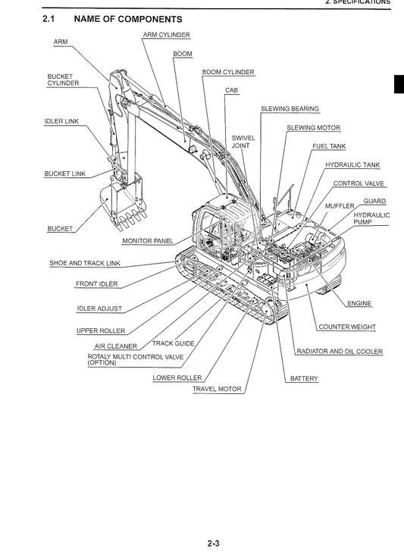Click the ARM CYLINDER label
click(166, 35)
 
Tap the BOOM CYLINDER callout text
click(228, 73)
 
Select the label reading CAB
click(231, 90)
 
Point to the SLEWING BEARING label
click(290, 109)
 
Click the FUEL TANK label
click(329, 146)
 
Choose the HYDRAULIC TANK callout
click(352, 165)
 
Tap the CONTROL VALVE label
click(359, 183)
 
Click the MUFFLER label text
click(340, 205)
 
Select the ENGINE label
click(359, 304)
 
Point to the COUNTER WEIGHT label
click(347, 327)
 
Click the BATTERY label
click(304, 378)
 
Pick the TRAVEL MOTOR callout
click(217, 390)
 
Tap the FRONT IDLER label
click(96, 284)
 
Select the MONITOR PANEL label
click(148, 241)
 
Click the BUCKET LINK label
click(65, 174)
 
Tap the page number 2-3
click(213, 541)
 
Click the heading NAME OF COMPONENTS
click(134, 18)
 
